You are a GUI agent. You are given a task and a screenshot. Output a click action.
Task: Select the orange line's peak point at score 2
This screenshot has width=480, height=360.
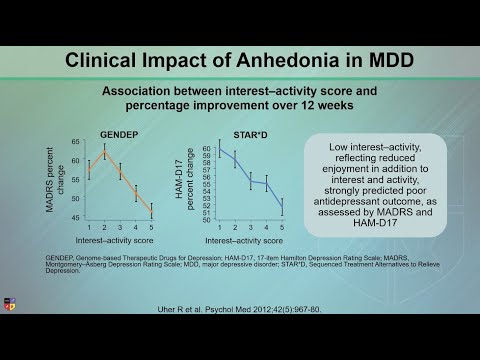(104, 151)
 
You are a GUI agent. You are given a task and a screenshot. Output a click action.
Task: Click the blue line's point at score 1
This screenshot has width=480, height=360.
(220, 149)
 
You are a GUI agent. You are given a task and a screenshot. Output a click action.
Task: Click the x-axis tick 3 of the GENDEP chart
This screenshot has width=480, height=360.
(120, 229)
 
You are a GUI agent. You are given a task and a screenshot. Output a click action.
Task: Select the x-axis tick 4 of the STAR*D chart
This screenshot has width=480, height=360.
(266, 229)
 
